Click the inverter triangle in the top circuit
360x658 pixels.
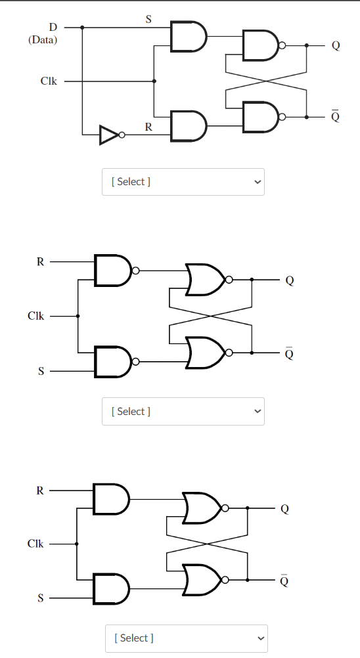pyautogui.click(x=108, y=135)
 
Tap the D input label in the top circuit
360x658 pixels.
pyautogui.click(x=53, y=27)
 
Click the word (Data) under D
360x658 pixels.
pyautogui.click(x=43, y=39)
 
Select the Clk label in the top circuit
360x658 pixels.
pyautogui.click(x=49, y=81)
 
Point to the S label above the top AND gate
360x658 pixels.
pyautogui.click(x=148, y=20)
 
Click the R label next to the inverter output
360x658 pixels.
pyautogui.click(x=148, y=127)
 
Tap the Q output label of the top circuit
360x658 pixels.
pyautogui.click(x=336, y=46)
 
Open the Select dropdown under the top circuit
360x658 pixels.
pyautogui.click(x=183, y=181)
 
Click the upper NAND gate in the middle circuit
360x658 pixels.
pyautogui.click(x=114, y=270)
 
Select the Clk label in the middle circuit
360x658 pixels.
pyautogui.click(x=36, y=316)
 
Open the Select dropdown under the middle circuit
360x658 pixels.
pyautogui.click(x=183, y=411)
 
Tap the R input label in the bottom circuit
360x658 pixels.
pyautogui.click(x=40, y=490)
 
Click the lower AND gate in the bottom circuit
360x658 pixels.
pyautogui.click(x=112, y=588)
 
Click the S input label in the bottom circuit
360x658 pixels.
pyautogui.click(x=40, y=598)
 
